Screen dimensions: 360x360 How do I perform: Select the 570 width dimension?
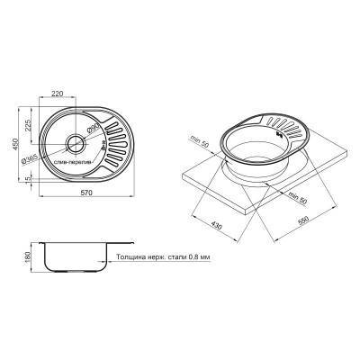click(83, 204)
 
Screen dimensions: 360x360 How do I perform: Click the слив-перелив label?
click(74, 161)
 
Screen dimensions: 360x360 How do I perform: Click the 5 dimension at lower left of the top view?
click(31, 177)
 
